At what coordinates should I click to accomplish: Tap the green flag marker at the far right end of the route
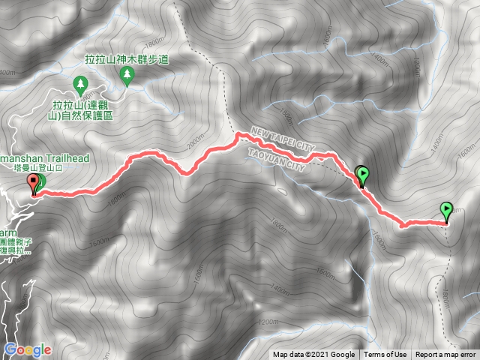(x=447, y=211)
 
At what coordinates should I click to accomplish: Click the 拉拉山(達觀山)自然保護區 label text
(x=82, y=111)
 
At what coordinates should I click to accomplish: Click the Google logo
(x=28, y=349)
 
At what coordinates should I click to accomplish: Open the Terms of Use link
(x=385, y=355)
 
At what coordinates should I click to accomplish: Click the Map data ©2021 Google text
(x=313, y=355)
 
